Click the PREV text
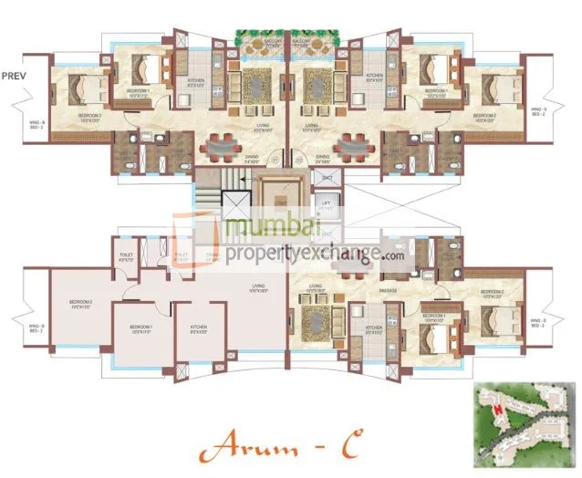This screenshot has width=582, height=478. [14, 76]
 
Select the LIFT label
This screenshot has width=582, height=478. [326, 203]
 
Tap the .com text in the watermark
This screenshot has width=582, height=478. [393, 256]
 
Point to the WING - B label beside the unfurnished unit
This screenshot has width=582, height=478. [36, 327]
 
